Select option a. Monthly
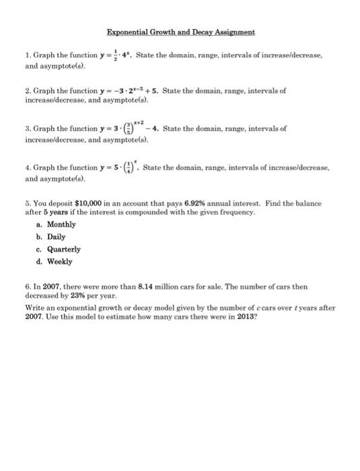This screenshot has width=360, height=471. [x=57, y=223]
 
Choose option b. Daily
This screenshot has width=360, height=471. [x=51, y=236]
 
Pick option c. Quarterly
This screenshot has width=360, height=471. [x=59, y=249]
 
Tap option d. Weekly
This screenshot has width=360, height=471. [x=54, y=261]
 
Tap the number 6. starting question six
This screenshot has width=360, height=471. [x=20, y=286]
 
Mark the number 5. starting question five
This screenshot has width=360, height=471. [x=20, y=203]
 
